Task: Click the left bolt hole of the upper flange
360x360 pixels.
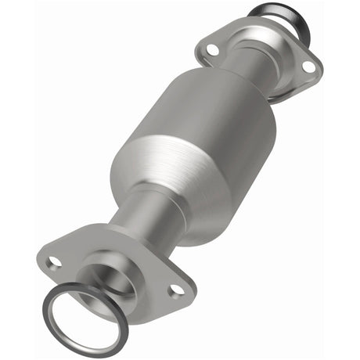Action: (212, 50)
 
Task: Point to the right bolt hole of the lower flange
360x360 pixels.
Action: (176, 290)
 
